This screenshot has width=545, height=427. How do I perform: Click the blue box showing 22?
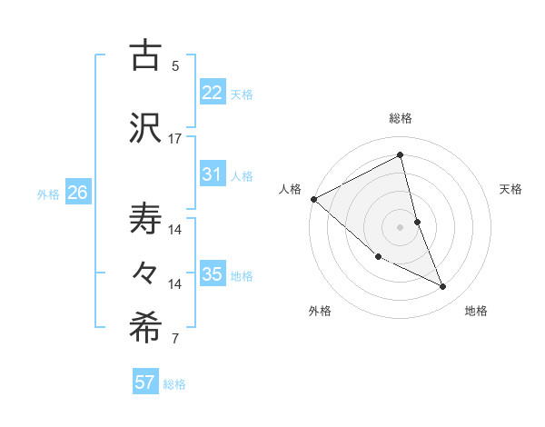click(x=212, y=92)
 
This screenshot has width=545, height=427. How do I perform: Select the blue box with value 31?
click(x=212, y=174)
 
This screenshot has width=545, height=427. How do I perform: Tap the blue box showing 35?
click(x=212, y=273)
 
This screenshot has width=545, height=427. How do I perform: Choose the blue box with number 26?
click(x=77, y=192)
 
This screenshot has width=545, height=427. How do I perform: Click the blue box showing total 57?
click(x=145, y=382)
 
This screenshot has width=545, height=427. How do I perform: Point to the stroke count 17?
click(x=174, y=139)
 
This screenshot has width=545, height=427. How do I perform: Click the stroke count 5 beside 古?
click(x=174, y=65)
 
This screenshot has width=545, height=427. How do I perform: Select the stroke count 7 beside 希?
click(x=174, y=340)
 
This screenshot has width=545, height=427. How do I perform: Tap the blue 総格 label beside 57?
click(x=174, y=384)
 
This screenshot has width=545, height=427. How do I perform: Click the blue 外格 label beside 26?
click(x=48, y=194)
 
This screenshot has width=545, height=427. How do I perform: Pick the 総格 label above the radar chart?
click(x=400, y=118)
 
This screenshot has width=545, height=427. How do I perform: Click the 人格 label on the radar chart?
click(x=290, y=189)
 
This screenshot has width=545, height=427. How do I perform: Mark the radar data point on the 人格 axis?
click(x=313, y=199)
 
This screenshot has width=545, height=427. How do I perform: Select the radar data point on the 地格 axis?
click(x=443, y=287)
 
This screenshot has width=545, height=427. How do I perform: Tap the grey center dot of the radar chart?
click(x=400, y=226)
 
